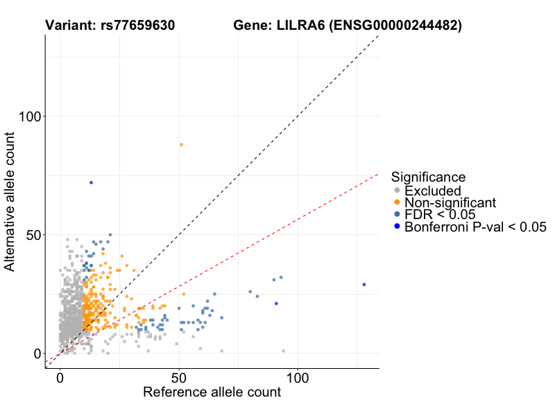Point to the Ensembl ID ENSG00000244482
point(395,26)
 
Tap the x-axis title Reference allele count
point(212,392)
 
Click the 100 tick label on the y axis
point(28,116)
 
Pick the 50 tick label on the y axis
point(32,234)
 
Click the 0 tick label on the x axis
point(60,379)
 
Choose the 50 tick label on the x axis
point(179,379)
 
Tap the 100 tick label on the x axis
point(298,379)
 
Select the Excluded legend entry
point(432,191)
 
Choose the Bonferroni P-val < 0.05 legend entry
point(476,227)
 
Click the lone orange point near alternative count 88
point(182,144)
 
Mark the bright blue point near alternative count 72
point(91,182)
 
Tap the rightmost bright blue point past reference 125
point(364,284)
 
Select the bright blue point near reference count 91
point(276,303)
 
